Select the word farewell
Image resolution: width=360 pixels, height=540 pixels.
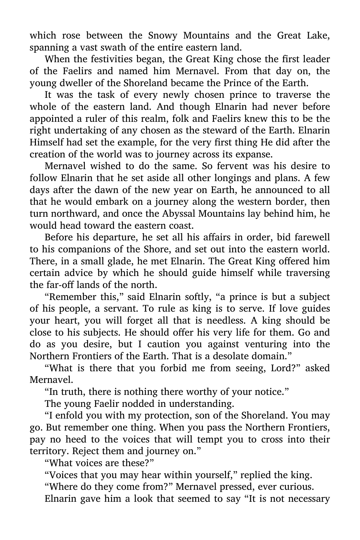(x=312, y=237)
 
